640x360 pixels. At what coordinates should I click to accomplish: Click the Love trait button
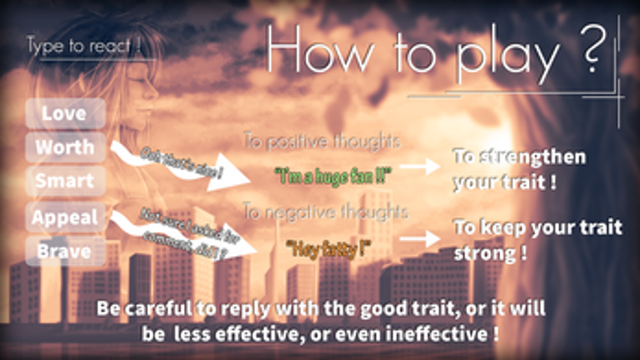64,113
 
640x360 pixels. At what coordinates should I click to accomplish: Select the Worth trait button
64,147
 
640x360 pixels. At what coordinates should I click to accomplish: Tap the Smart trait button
64,181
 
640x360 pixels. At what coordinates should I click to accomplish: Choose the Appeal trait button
64,217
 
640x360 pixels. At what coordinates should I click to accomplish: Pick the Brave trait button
64,249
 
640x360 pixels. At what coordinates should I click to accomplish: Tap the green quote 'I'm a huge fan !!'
333,177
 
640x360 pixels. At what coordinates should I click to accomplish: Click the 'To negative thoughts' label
325,213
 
